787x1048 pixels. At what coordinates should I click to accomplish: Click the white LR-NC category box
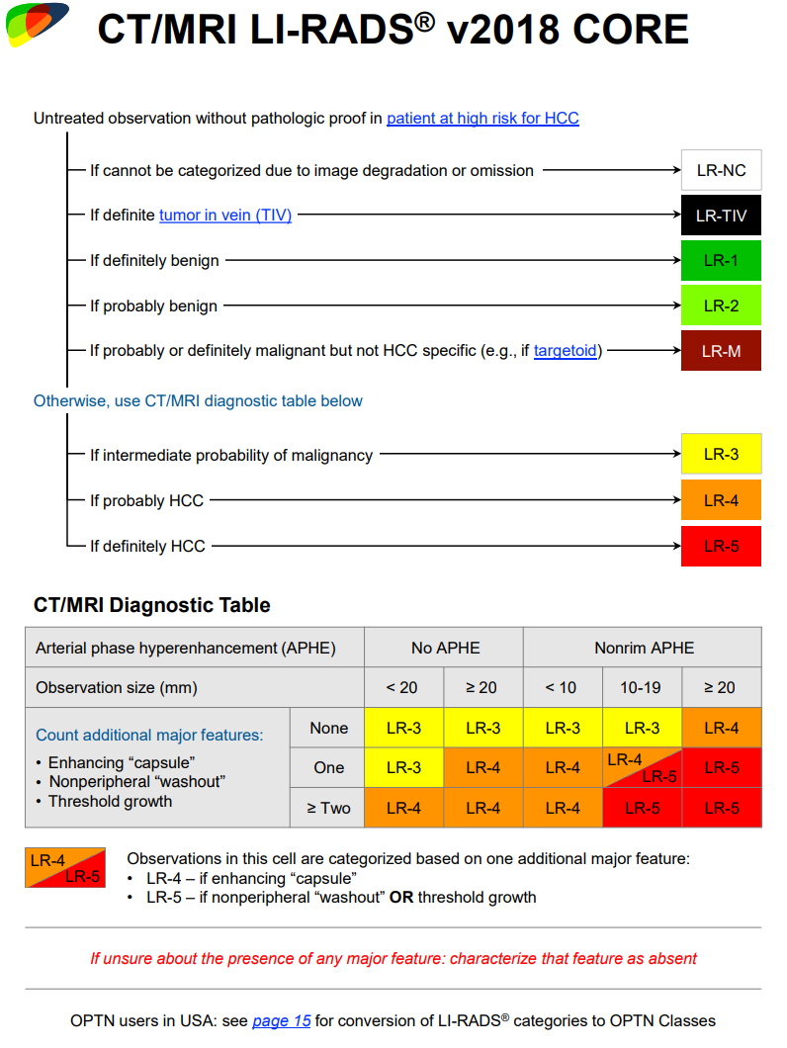pyautogui.click(x=721, y=170)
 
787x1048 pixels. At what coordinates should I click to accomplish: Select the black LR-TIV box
pyautogui.click(x=721, y=216)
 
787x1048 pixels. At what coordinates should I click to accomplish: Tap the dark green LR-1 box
pyautogui.click(x=721, y=261)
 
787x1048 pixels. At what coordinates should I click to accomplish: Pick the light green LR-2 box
pyautogui.click(x=721, y=306)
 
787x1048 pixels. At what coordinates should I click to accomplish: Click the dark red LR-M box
pyautogui.click(x=721, y=351)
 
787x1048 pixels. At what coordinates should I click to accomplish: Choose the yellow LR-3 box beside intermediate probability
pyautogui.click(x=721, y=455)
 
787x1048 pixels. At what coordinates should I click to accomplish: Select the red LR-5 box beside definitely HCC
pyautogui.click(x=721, y=546)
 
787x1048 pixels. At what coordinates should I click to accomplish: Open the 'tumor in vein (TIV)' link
pyautogui.click(x=225, y=216)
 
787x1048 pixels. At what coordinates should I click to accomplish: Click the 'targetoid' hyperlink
pyautogui.click(x=567, y=351)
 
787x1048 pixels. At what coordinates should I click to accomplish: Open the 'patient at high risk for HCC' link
pyautogui.click(x=482, y=119)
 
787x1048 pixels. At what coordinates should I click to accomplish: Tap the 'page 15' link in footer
pyautogui.click(x=282, y=1020)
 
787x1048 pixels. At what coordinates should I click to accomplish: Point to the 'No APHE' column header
pyautogui.click(x=445, y=649)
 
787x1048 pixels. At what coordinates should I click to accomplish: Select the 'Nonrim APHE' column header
pyautogui.click(x=644, y=649)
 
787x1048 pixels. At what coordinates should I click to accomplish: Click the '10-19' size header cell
pyautogui.click(x=642, y=688)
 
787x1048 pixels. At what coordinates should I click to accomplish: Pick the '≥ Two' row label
pyautogui.click(x=328, y=808)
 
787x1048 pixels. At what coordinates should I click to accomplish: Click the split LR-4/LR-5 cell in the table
pyautogui.click(x=642, y=767)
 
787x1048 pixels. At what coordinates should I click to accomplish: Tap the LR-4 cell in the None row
pyautogui.click(x=721, y=728)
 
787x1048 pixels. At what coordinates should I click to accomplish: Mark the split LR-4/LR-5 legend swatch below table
pyautogui.click(x=65, y=868)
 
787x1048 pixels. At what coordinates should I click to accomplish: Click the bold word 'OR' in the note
pyautogui.click(x=401, y=898)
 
